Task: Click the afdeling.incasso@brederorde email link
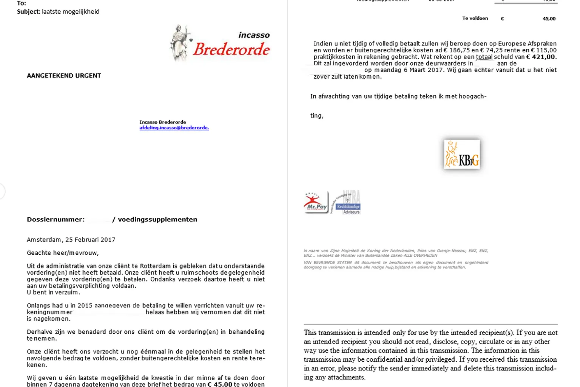point(174,128)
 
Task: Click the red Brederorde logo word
point(231,50)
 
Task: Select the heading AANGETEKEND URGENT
point(64,76)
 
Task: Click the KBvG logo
point(462,154)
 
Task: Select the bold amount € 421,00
point(541,57)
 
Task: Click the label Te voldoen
point(475,18)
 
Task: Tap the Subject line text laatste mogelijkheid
point(71,12)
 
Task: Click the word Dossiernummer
point(55,220)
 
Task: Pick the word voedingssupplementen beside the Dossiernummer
point(157,220)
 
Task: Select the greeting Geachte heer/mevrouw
point(63,253)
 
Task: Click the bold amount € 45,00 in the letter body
point(220,384)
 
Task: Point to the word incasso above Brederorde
point(254,35)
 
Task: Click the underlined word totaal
point(484,57)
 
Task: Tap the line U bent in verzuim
point(53,293)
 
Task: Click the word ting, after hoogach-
point(317,116)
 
